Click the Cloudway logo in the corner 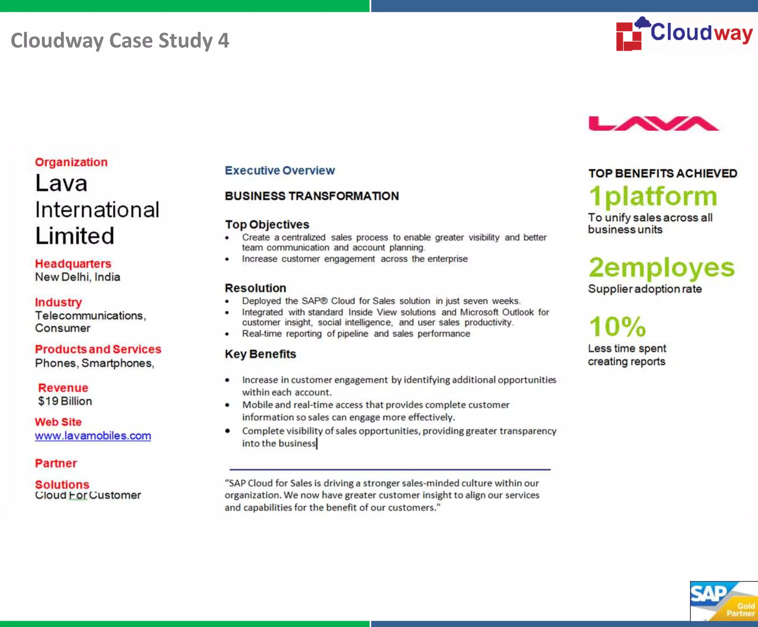(684, 34)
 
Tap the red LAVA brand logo (653, 124)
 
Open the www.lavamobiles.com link (93, 436)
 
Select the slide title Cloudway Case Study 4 (120, 40)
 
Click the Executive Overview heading (280, 170)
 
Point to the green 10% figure (617, 327)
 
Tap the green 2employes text (661, 268)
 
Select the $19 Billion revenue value (65, 401)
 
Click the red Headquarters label (73, 264)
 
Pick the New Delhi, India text (77, 277)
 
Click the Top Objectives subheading (267, 224)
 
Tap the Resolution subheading (255, 288)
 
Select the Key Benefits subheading (260, 354)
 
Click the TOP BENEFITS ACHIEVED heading (663, 173)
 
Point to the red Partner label (56, 463)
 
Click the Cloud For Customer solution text (88, 495)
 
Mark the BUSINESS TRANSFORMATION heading (312, 196)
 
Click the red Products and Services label (98, 349)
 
